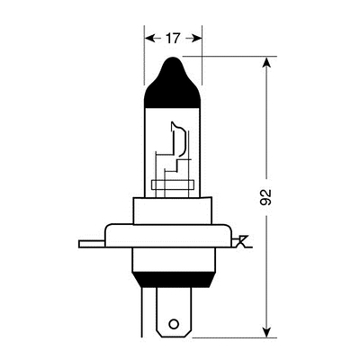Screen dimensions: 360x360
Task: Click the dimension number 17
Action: tap(173, 39)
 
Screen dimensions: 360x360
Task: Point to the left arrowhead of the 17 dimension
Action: tap(148, 39)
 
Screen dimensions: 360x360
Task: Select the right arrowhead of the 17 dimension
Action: tap(196, 39)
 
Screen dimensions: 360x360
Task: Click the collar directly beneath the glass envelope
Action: tap(172, 211)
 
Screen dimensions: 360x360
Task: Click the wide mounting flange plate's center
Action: tap(172, 241)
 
